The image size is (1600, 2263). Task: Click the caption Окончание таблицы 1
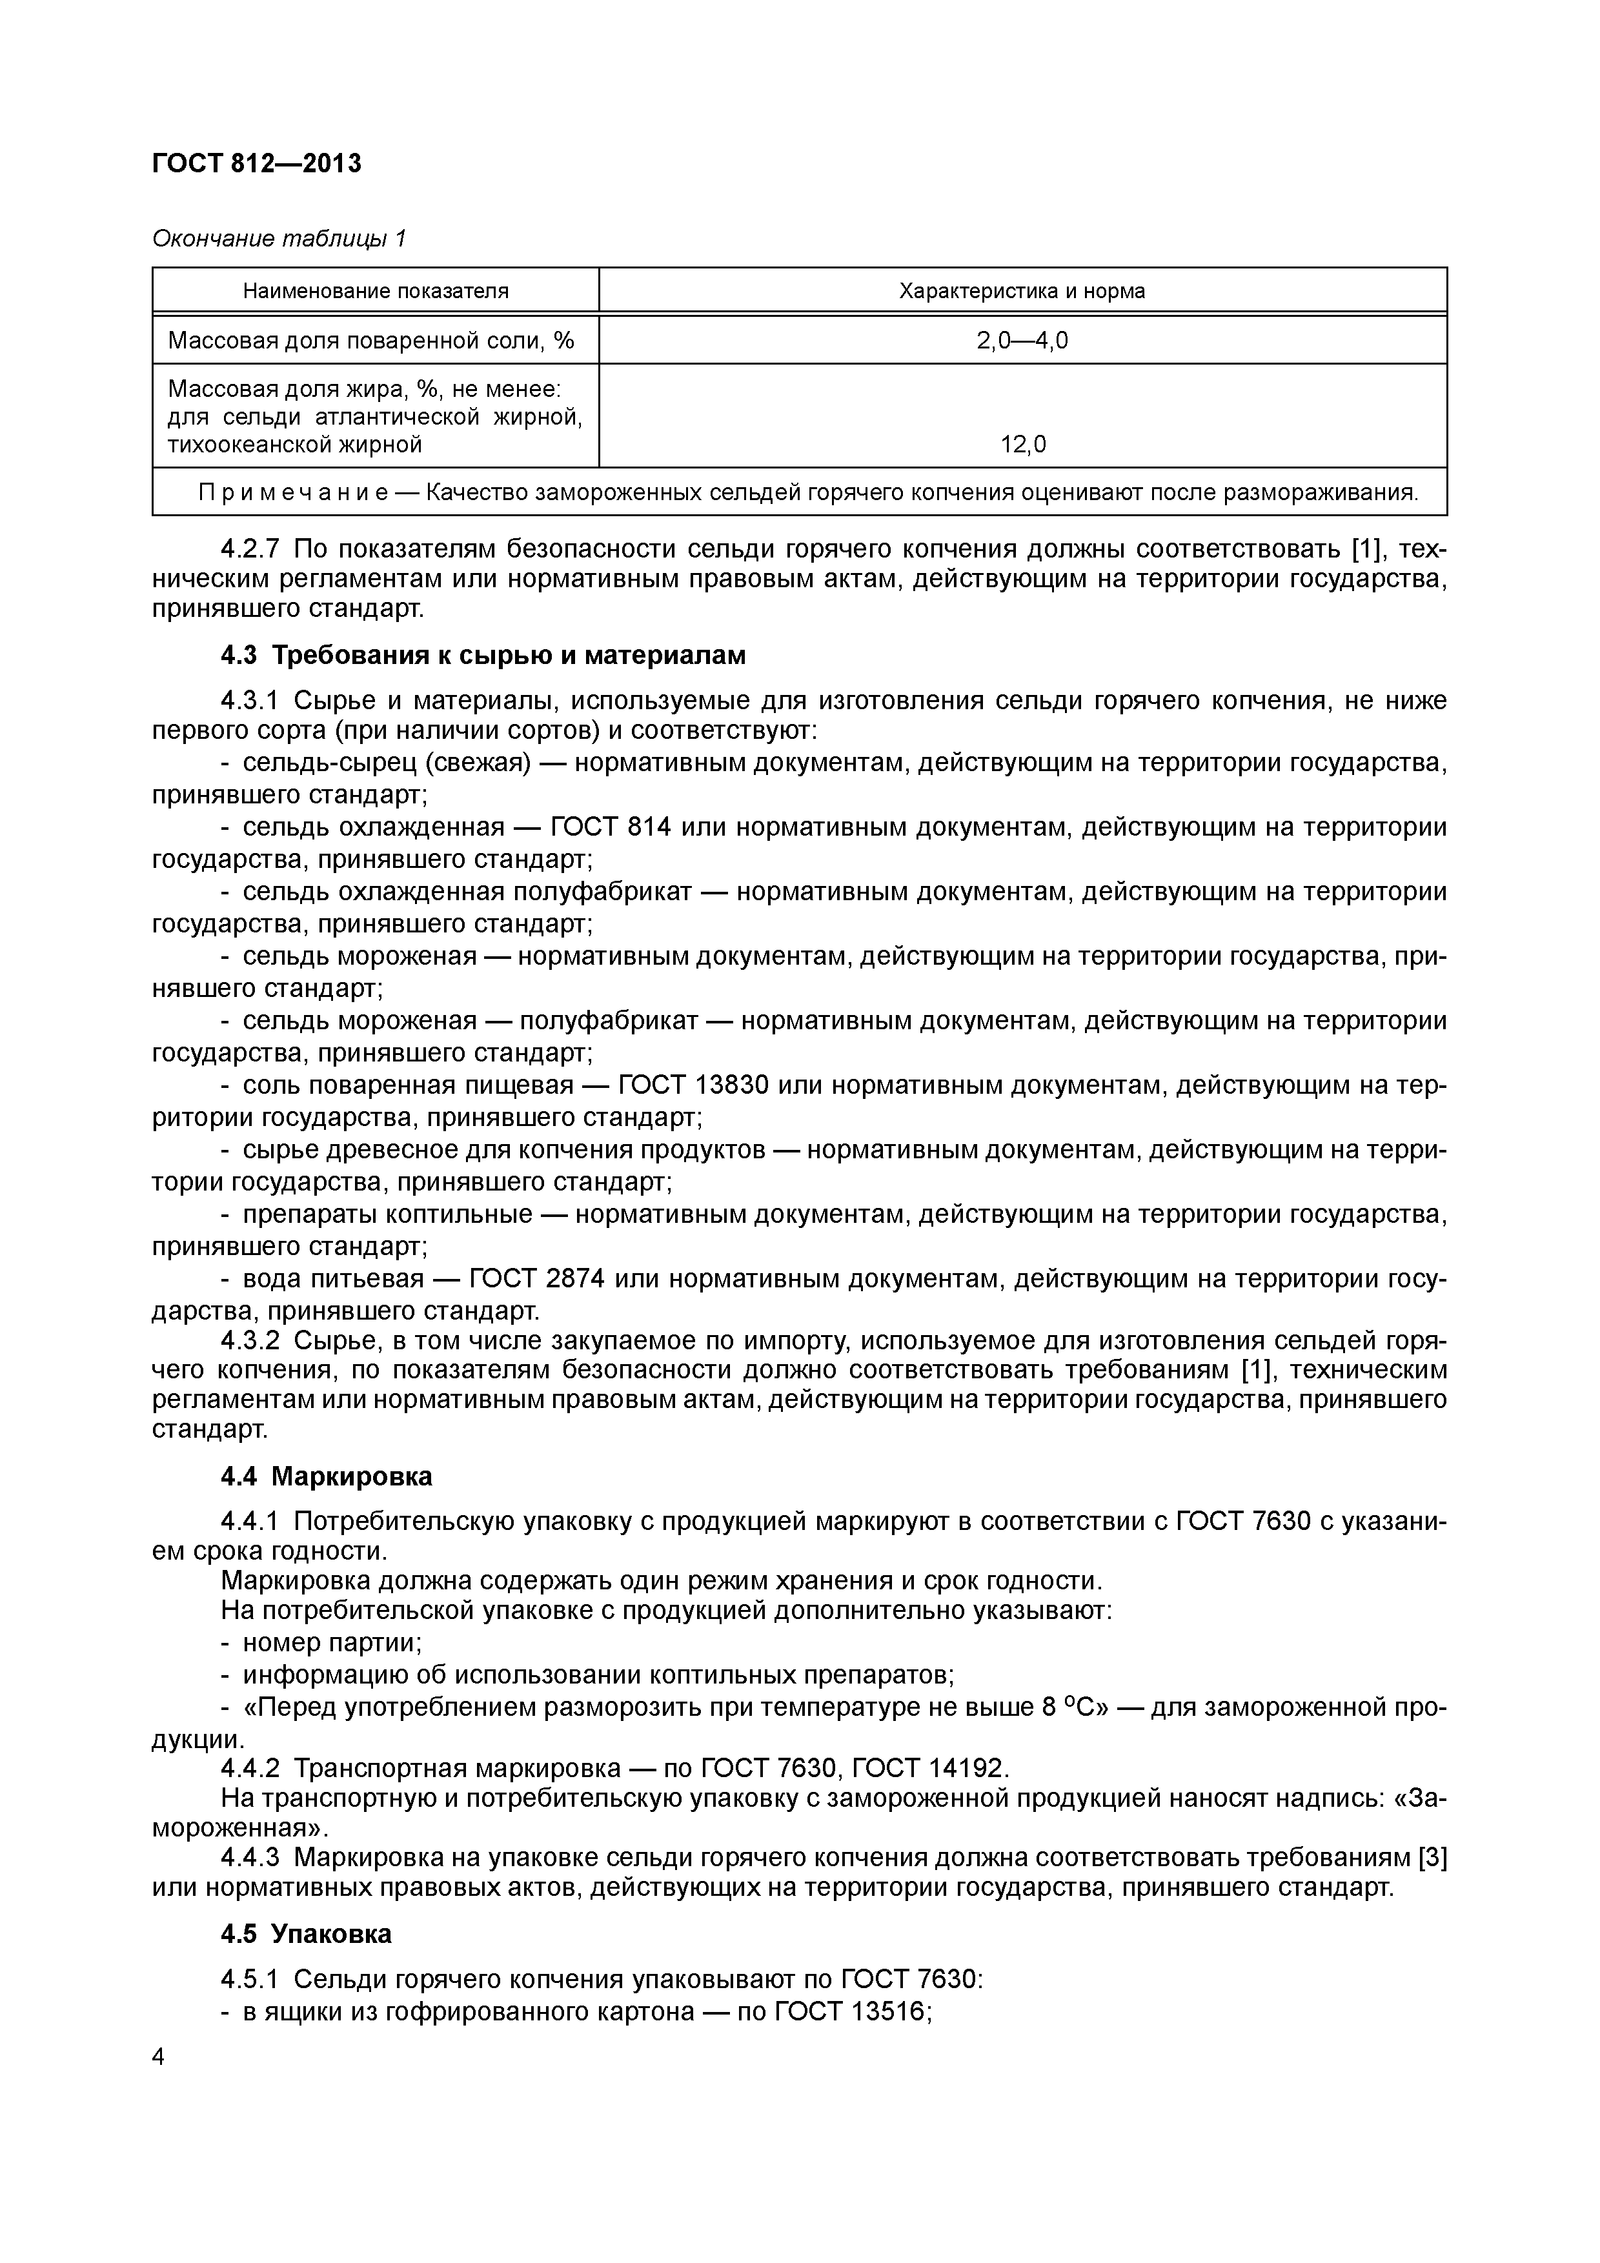tap(279, 239)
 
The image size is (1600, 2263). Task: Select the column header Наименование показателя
tap(376, 291)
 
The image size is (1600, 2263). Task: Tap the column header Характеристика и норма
tap(1022, 291)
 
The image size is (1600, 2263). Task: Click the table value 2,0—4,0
tap(1022, 341)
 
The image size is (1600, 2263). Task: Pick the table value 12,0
tap(1022, 445)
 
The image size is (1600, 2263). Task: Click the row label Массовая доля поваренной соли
tap(370, 341)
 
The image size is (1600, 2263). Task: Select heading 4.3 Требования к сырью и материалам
tap(483, 656)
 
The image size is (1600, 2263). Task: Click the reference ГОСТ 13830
tap(693, 1085)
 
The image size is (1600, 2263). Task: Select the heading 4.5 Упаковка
tap(305, 1934)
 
